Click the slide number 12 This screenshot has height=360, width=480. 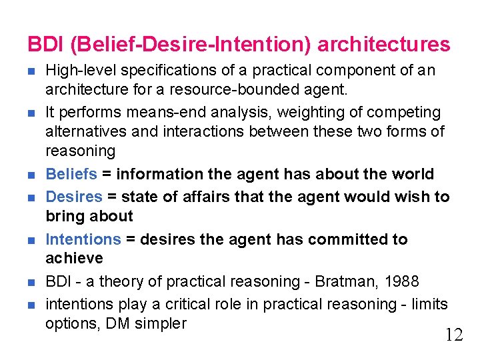453,335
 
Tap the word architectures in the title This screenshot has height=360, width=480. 384,45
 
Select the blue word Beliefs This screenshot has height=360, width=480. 71,175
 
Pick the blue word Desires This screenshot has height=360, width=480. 73,197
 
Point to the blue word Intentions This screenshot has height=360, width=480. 83,239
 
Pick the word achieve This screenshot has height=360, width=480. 74,258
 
